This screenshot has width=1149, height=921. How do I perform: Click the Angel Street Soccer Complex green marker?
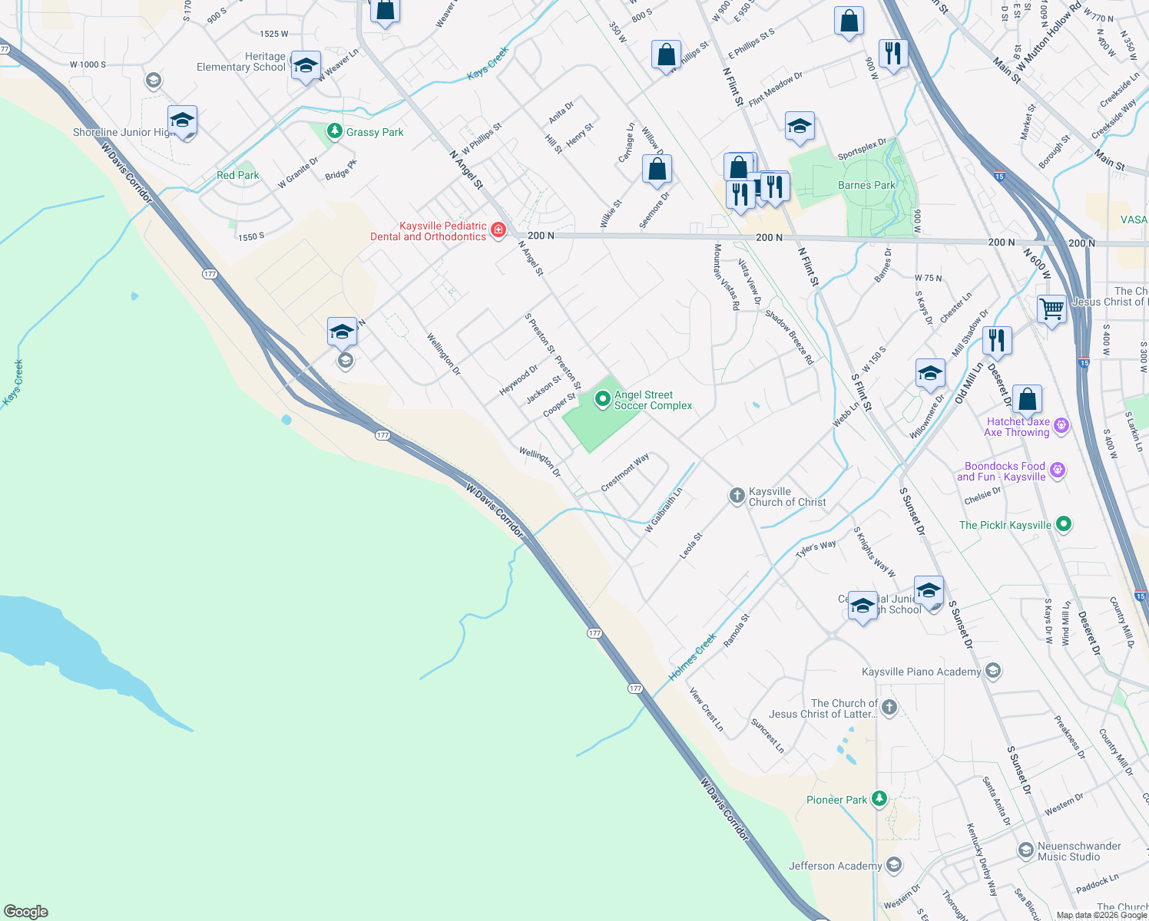603,398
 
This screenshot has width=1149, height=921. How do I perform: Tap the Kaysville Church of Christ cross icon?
737,496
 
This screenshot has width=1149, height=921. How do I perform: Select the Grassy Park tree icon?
334,131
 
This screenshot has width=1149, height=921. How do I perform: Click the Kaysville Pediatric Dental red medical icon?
498,230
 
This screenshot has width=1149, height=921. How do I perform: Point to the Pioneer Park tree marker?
879,799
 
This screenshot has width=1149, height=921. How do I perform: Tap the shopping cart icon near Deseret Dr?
1051,309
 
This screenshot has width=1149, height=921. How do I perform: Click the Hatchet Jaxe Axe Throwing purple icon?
1061,425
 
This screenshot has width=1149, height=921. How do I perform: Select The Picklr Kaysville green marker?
1064,524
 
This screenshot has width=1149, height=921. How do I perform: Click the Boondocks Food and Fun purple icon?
1058,470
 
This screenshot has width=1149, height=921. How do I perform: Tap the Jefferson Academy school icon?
893,866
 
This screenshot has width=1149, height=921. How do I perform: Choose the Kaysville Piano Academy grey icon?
993,672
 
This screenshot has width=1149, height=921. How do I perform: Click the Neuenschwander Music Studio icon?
1025,850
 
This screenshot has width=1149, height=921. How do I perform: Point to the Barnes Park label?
866,185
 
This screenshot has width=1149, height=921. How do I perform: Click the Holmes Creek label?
692,656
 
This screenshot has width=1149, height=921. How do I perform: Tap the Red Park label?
237,175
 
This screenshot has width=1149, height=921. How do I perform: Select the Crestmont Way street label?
625,472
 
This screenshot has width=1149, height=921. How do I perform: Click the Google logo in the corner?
26,911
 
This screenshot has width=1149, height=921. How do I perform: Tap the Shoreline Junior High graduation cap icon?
182,120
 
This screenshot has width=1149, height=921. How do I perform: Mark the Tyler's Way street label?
816,549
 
